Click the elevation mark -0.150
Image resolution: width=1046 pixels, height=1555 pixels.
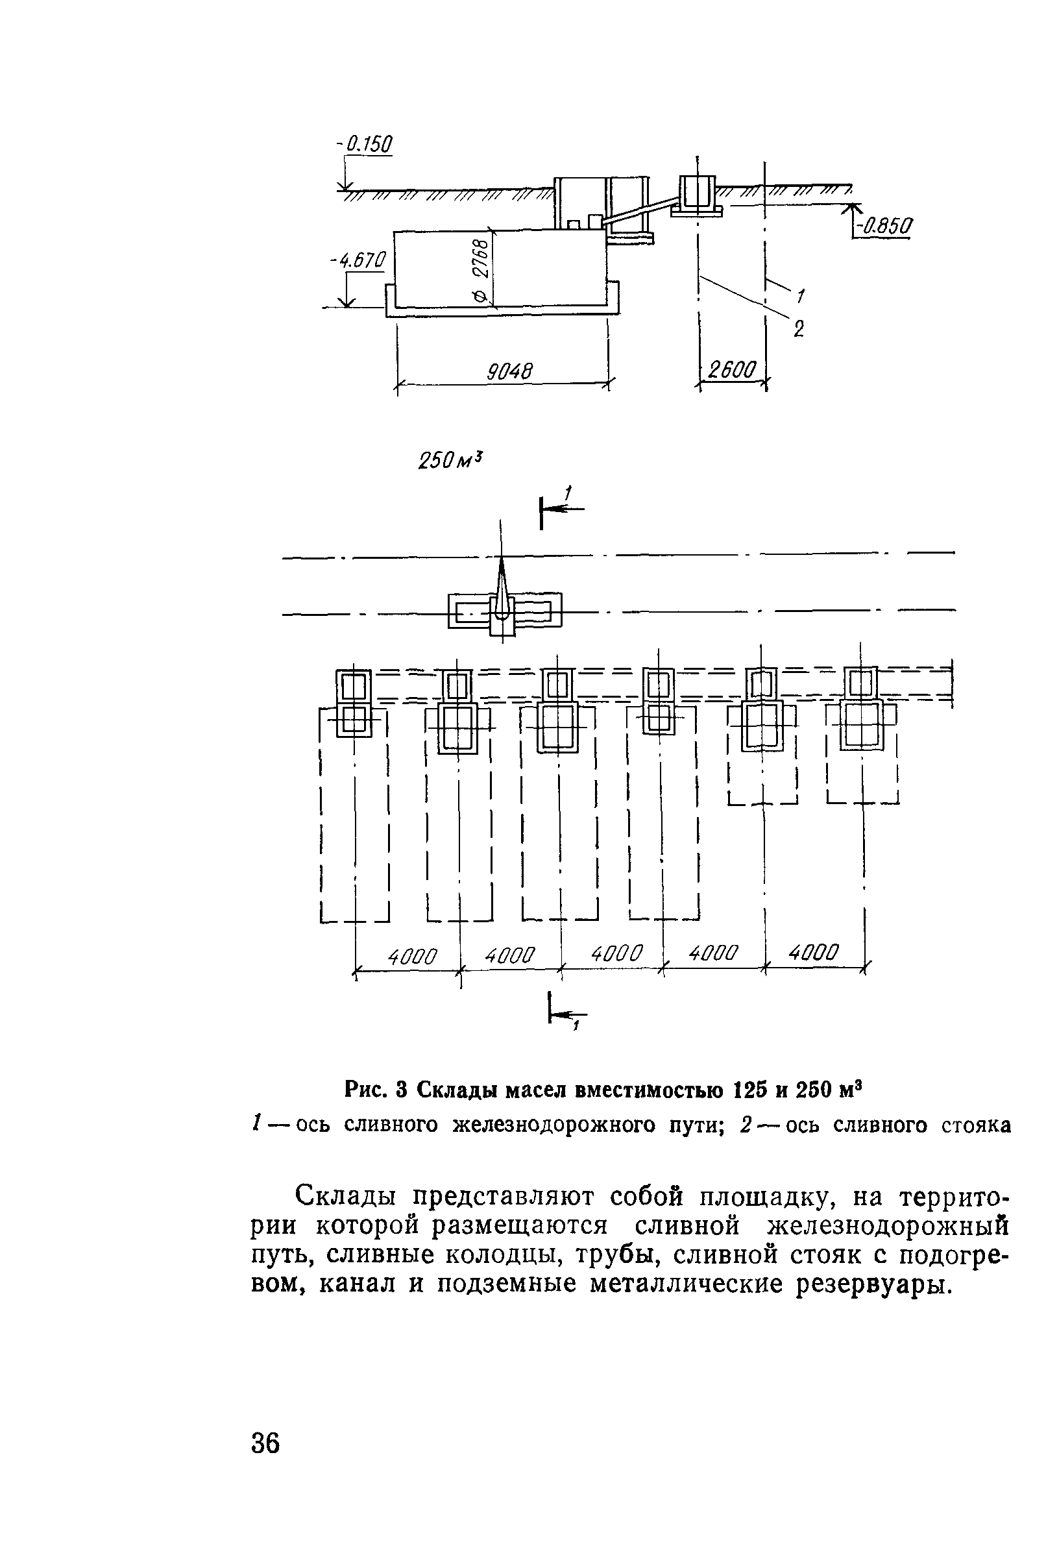tap(365, 144)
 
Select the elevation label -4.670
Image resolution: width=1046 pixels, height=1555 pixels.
tap(358, 260)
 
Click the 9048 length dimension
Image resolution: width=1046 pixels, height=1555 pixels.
tap(509, 371)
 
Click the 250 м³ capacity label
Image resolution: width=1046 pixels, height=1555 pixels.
tap(450, 459)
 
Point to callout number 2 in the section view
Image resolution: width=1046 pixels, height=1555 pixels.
tap(799, 328)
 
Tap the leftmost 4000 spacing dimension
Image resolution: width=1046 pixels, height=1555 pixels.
tap(412, 957)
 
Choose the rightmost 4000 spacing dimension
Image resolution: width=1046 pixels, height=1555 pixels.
tap(813, 952)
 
